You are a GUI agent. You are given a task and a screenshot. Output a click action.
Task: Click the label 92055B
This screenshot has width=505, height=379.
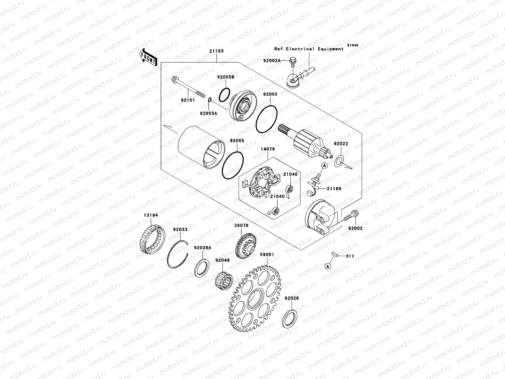[x=225, y=77]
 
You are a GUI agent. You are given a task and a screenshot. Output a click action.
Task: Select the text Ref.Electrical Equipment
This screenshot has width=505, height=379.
[x=309, y=49]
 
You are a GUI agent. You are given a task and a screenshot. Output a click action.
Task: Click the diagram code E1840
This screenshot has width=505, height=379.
[x=353, y=45]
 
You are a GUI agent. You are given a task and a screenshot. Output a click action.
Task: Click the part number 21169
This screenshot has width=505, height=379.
[x=334, y=189]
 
